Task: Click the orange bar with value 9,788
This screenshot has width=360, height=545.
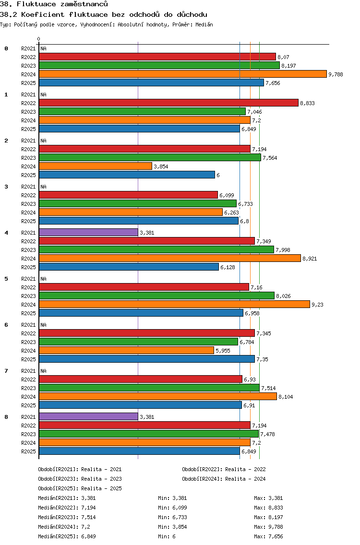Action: (x=182, y=74)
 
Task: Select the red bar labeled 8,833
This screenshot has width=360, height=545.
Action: (x=168, y=103)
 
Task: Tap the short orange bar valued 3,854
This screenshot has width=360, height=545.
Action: (x=95, y=166)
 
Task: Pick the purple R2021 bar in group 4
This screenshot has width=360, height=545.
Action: (x=88, y=232)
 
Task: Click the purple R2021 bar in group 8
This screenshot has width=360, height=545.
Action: (x=88, y=416)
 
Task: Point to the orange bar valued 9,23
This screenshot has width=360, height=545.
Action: (x=174, y=304)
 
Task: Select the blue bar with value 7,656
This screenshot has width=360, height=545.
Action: (x=151, y=83)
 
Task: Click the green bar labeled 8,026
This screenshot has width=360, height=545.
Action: (x=156, y=296)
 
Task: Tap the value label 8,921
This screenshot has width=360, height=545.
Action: (x=310, y=259)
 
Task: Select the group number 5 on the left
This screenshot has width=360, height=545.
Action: (x=6, y=279)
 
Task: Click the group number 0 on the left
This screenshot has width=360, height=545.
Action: (x=6, y=48)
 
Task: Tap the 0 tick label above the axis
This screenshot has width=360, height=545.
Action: (x=39, y=39)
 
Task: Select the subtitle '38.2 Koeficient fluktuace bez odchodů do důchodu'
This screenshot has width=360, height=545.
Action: (x=103, y=14)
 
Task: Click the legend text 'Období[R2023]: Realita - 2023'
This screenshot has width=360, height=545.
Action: (x=80, y=479)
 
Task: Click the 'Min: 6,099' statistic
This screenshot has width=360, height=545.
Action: (x=170, y=508)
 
